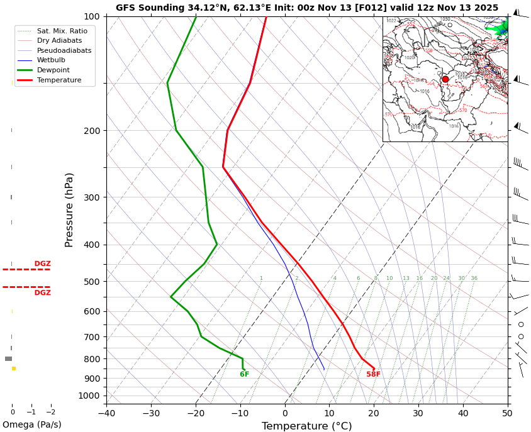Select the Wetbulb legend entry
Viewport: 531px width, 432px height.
(50, 60)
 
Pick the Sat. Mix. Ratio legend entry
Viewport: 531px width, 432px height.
(62, 31)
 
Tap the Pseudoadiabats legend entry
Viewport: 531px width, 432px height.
(64, 50)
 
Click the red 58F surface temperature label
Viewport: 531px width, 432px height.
(374, 375)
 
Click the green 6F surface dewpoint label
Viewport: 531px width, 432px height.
(245, 375)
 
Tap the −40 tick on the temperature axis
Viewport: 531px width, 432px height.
(106, 413)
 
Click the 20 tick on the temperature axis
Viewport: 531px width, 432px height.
(374, 413)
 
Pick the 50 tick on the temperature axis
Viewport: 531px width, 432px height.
(507, 413)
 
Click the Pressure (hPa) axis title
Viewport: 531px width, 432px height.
(69, 209)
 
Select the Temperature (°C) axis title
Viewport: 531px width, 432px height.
(307, 426)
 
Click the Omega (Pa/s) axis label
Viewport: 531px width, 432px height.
(32, 425)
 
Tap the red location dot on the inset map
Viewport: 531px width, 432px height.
(445, 79)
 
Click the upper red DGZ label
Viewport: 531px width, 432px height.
(43, 264)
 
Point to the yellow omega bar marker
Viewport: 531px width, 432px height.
(14, 368)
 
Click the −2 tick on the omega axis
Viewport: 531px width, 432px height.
(51, 413)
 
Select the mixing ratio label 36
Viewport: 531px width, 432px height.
(474, 279)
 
